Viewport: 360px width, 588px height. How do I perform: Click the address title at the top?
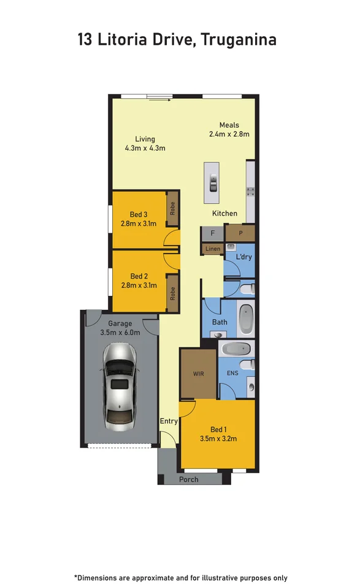point(177,40)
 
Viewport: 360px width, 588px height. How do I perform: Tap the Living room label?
point(145,144)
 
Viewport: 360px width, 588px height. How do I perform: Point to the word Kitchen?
point(224,214)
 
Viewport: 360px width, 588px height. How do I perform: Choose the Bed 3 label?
point(139,219)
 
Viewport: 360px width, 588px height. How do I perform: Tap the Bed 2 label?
point(139,280)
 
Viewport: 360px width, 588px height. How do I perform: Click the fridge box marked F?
point(212,234)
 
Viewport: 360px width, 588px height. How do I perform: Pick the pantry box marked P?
point(239,233)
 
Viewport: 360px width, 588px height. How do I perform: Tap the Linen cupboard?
point(212,249)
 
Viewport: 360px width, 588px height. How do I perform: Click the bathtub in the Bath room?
point(246,317)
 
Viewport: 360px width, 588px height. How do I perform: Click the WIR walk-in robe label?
point(198,373)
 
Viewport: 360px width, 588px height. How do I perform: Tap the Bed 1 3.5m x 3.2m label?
point(218,434)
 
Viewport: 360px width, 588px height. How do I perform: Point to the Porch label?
point(188,479)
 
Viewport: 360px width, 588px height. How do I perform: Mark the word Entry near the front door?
point(169,421)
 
